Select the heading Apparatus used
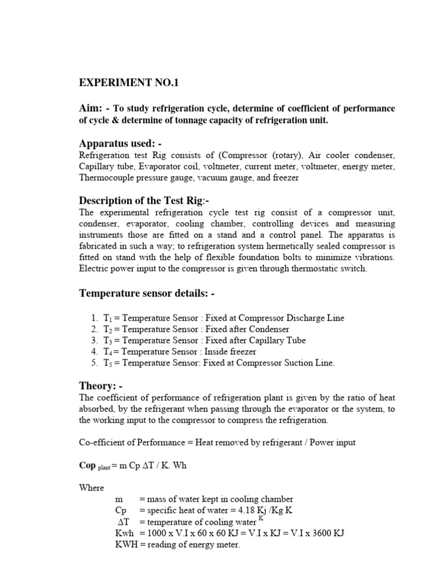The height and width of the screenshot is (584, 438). coord(120,143)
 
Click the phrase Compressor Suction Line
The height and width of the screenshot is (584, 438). coord(282,363)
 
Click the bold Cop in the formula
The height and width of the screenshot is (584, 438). coord(87,465)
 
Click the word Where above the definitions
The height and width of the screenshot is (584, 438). coord(92,488)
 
